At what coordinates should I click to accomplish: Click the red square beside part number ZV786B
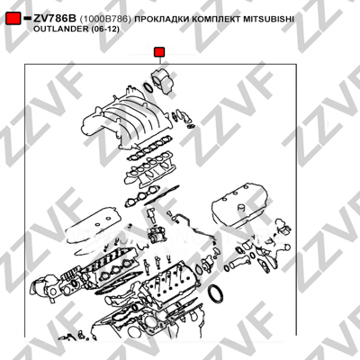coord(13,19)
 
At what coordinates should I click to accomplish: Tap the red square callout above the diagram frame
coord(159,52)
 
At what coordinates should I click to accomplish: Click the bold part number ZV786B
coord(55,19)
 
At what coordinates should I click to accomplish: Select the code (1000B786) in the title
coord(105,19)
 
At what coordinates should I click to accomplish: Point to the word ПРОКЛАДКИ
coord(161,19)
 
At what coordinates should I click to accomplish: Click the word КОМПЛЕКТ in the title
coord(214,19)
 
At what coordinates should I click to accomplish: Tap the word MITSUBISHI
coord(267,19)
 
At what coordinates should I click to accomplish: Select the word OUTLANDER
coord(60,30)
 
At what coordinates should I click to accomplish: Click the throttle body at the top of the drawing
coord(163,80)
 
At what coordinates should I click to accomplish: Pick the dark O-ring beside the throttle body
coord(148,87)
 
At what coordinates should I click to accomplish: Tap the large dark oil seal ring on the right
coord(216,295)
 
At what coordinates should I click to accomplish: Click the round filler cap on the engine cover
coord(241,208)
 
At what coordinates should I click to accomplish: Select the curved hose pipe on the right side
coord(239,263)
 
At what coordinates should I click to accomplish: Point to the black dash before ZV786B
coord(27,19)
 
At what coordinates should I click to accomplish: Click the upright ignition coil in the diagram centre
coord(151,215)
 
